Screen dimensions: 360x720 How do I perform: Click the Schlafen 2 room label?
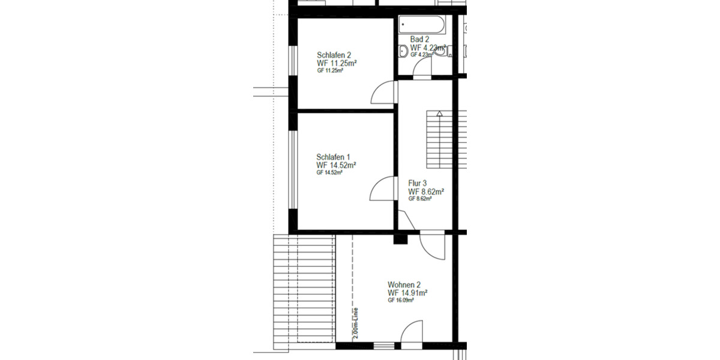[334, 55]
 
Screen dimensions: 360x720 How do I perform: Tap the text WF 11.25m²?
[337, 62]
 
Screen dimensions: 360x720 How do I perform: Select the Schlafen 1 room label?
[334, 157]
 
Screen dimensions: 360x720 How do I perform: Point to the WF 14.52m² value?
[337, 164]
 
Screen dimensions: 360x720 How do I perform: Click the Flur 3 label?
[418, 184]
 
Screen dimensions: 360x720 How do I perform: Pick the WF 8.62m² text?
[426, 191]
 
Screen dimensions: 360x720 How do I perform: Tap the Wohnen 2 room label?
[404, 284]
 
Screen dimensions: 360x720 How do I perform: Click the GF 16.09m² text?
[401, 300]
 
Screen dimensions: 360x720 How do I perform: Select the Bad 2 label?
[419, 39]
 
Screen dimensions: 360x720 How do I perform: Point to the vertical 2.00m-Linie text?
[356, 323]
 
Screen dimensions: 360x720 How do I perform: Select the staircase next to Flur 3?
[439, 141]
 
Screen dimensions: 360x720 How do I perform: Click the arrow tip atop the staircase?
[440, 113]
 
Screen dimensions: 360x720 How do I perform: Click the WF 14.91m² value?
[407, 292]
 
